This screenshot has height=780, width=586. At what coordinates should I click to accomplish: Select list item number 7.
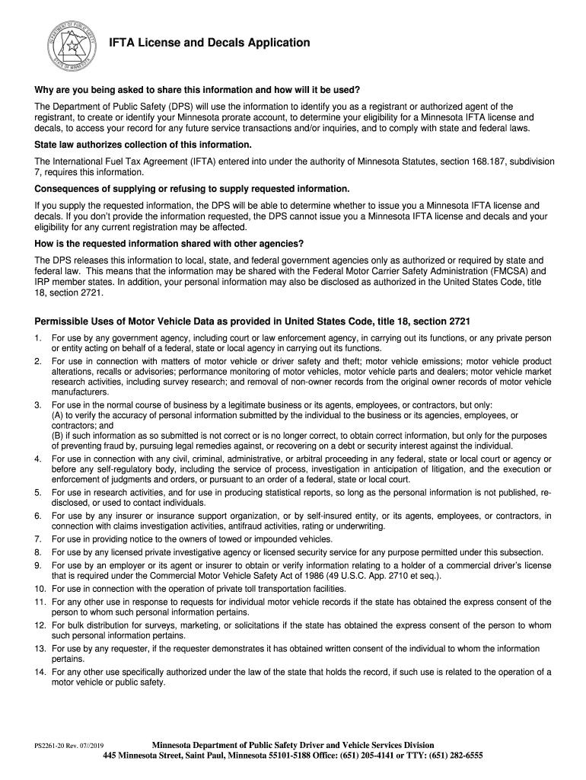[x=37, y=539]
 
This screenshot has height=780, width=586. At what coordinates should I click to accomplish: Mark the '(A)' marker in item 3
[x=57, y=415]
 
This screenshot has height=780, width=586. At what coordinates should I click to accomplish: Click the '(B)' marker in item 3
[x=57, y=436]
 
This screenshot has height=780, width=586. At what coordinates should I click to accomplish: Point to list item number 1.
[x=37, y=337]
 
